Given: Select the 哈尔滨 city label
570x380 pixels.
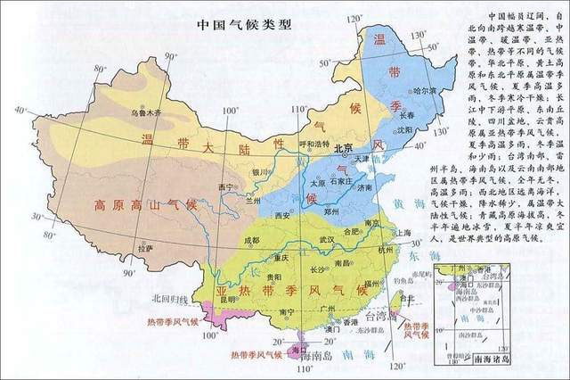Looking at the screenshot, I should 425,91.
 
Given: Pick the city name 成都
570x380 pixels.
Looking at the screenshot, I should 252,241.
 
